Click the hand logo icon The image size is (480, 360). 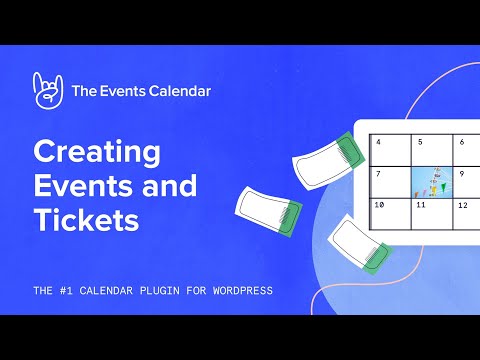click(x=47, y=90)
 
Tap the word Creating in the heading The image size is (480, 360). click(x=97, y=152)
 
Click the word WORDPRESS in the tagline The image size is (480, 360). click(x=234, y=291)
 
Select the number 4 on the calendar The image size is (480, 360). click(x=379, y=142)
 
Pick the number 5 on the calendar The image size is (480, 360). click(x=420, y=142)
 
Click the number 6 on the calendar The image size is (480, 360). click(x=461, y=142)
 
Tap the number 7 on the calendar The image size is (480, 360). click(x=379, y=173)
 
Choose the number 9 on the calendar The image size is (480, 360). click(x=462, y=173)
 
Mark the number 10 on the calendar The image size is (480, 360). click(x=380, y=204)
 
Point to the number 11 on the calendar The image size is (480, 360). click(x=421, y=204)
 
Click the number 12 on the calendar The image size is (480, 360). click(x=463, y=204)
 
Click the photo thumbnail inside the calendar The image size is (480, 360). click(x=431, y=181)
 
